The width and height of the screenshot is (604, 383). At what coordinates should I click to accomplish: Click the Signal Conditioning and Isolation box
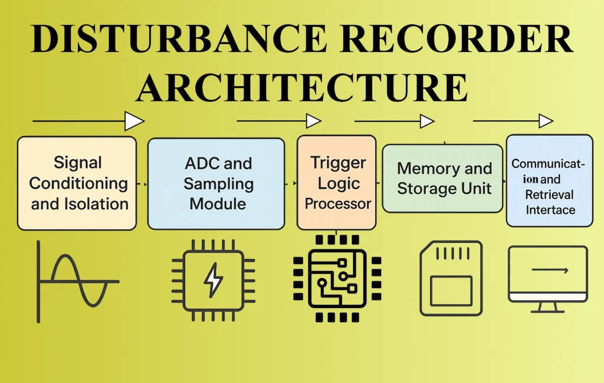click(x=77, y=183)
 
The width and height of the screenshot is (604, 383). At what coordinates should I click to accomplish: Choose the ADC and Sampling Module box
click(x=216, y=183)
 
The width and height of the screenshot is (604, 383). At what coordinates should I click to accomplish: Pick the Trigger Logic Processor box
click(x=336, y=183)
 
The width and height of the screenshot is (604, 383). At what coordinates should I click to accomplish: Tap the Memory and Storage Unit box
click(x=442, y=179)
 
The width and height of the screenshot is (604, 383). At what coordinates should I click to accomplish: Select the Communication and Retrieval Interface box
click(x=549, y=180)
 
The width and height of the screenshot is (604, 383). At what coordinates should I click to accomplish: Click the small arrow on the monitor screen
click(x=550, y=270)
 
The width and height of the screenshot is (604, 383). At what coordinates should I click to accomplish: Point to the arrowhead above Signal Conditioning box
click(x=134, y=121)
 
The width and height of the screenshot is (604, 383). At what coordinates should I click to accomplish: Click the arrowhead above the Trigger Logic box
click(x=313, y=121)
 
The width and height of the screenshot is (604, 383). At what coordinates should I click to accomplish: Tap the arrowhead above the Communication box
click(x=546, y=121)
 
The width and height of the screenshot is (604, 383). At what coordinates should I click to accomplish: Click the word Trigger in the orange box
click(x=338, y=163)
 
